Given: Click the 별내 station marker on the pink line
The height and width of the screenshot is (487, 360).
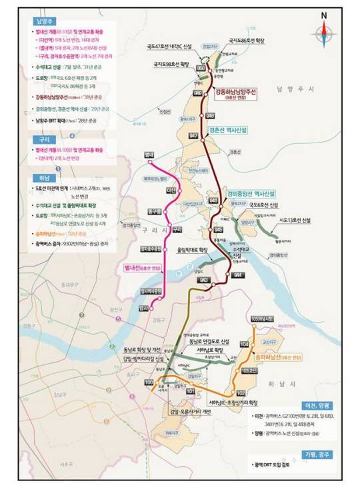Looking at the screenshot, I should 151,162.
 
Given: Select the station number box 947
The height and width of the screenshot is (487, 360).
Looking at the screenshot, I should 193,135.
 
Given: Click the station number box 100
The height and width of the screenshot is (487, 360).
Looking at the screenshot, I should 148,381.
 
